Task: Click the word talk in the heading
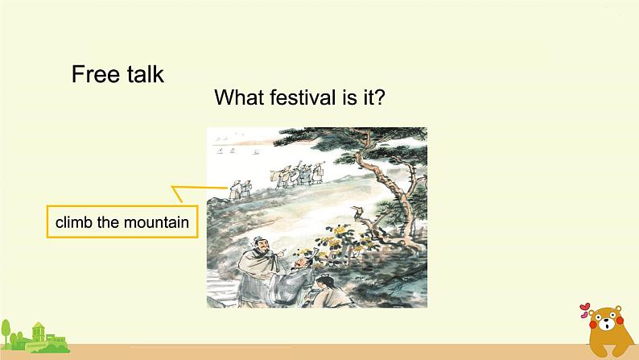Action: (142, 74)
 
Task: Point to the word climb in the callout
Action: (74, 222)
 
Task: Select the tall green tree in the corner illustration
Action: (6, 332)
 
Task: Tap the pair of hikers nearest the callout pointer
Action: (236, 188)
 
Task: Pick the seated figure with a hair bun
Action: (325, 290)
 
